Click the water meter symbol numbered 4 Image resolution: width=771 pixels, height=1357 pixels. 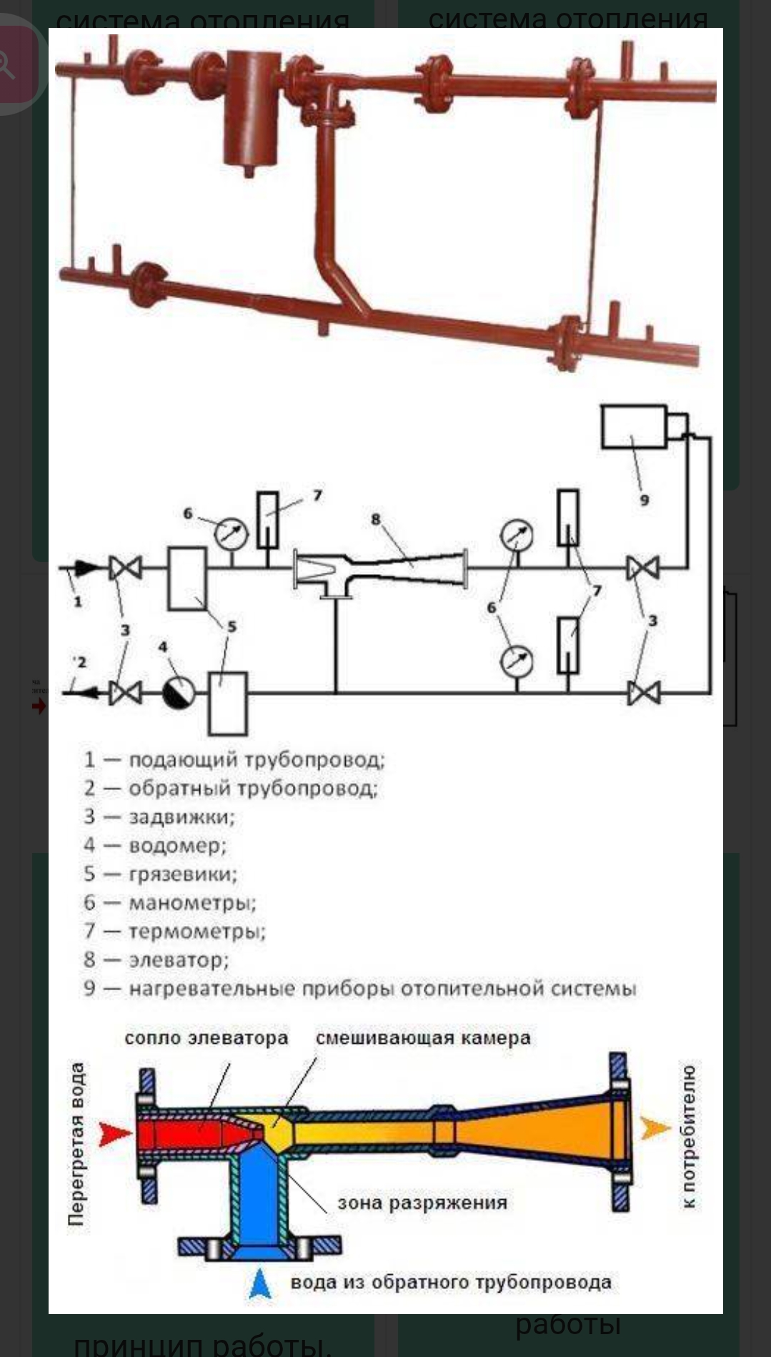[179, 692]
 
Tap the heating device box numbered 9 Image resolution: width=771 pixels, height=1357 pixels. [635, 427]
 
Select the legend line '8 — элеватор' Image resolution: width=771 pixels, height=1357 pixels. [156, 959]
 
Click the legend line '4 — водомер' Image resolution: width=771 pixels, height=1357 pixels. [155, 845]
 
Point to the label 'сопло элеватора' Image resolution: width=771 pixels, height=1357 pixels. [206, 1038]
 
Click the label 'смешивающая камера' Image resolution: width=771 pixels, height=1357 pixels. [423, 1038]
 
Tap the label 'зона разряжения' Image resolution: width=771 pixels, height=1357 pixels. [422, 1203]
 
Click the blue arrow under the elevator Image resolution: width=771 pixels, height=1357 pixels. [260, 1283]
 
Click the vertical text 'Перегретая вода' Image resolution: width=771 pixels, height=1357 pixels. [76, 1144]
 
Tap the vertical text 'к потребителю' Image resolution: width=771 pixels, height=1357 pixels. [688, 1137]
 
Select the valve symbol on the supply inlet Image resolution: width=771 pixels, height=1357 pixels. [126, 568]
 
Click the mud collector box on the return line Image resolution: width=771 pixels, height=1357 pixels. [227, 703]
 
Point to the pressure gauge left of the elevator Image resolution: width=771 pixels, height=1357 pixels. [232, 534]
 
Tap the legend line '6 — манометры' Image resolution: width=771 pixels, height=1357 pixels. [170, 902]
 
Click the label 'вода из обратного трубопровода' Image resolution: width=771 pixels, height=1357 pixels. [450, 1283]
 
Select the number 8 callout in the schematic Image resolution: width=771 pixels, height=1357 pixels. [376, 520]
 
